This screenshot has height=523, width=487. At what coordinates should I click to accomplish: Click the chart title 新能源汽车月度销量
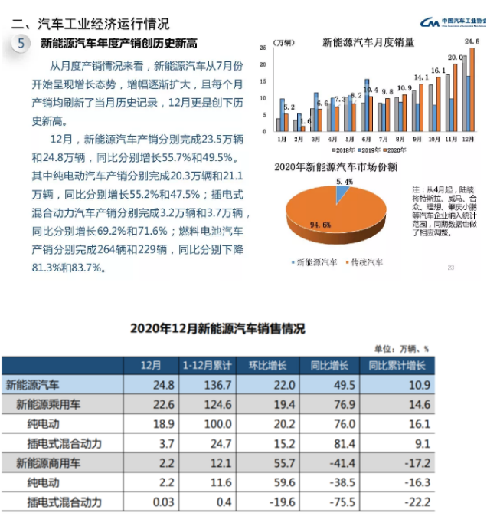pyautogui.click(x=368, y=42)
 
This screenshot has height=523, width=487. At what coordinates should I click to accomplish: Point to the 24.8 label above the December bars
pyautogui.click(x=472, y=41)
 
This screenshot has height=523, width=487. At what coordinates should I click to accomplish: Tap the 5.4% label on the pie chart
pyautogui.click(x=344, y=181)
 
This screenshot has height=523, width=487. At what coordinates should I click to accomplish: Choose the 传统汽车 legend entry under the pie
pyautogui.click(x=366, y=263)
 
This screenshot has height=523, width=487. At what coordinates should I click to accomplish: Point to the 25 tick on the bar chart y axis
pyautogui.click(x=263, y=48)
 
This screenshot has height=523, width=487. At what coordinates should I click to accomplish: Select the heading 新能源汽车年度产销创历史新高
pyautogui.click(x=119, y=43)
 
